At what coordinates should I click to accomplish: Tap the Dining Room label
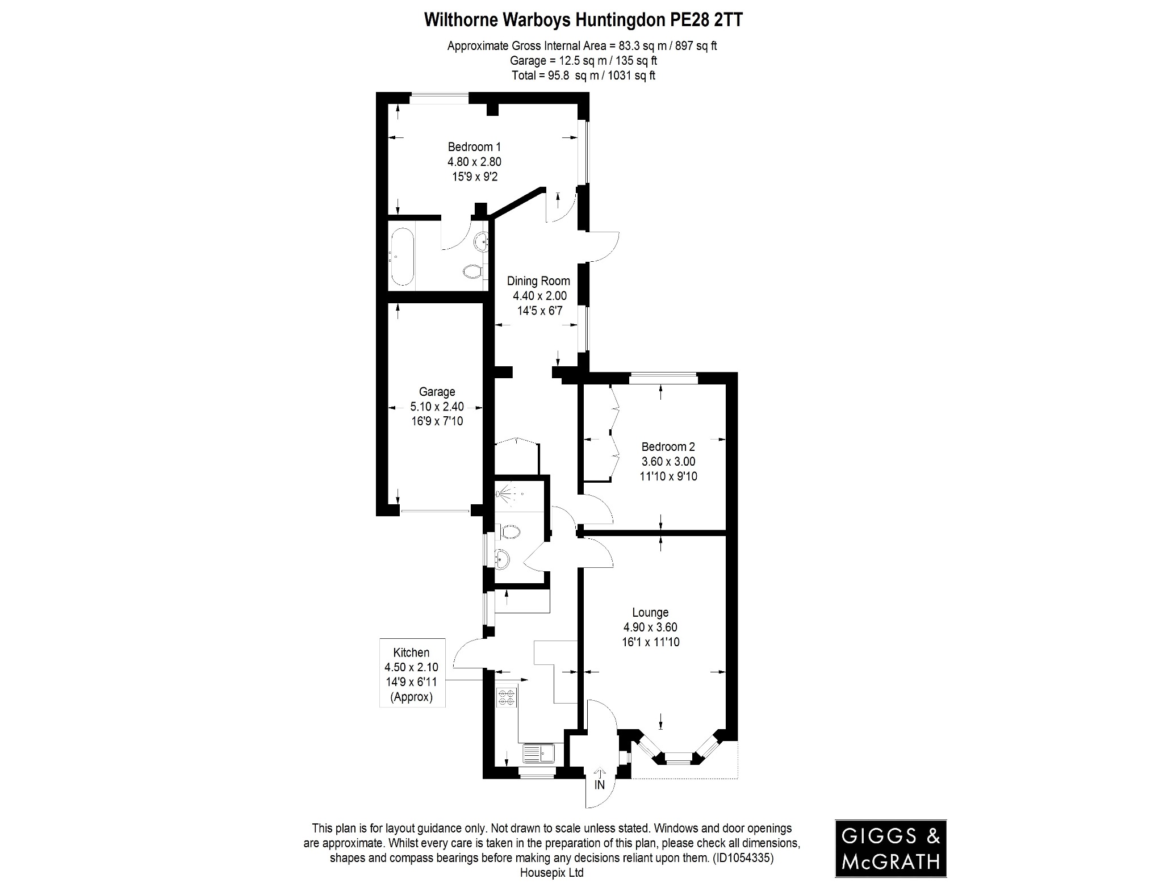[538, 281]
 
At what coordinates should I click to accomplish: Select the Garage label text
[437, 392]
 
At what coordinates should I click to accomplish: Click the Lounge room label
[650, 612]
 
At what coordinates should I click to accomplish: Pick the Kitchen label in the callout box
[411, 652]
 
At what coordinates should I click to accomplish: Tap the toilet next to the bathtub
[472, 272]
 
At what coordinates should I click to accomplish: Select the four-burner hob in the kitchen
[507, 697]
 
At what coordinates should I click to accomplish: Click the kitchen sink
[539, 754]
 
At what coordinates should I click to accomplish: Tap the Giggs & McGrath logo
[890, 849]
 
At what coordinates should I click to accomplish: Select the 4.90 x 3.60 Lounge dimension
[650, 627]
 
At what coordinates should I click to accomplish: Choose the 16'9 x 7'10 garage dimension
[437, 421]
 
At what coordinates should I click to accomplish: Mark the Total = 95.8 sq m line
[583, 75]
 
